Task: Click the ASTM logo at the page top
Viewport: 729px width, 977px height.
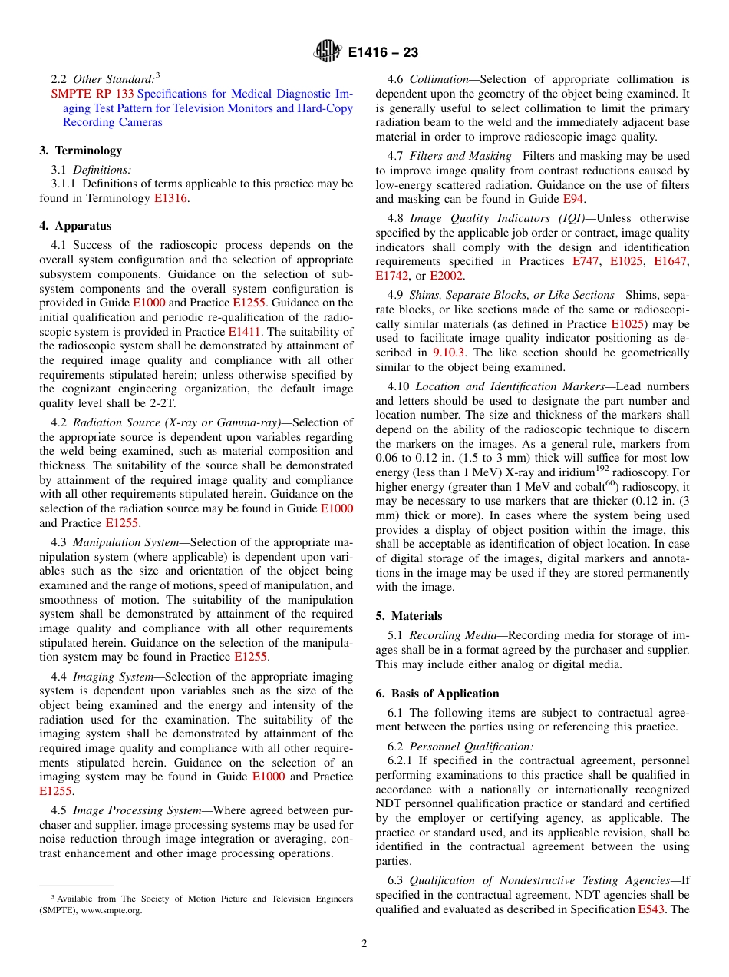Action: [328, 52]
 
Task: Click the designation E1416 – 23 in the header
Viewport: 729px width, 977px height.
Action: [383, 53]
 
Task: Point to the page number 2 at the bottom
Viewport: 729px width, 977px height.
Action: [364, 944]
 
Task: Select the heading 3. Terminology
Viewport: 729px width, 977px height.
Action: [81, 151]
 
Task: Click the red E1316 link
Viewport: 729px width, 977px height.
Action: [170, 198]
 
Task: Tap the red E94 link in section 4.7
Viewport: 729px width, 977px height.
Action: [573, 199]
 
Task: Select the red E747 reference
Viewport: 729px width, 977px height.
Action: [587, 262]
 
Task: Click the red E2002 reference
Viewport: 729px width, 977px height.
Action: [446, 277]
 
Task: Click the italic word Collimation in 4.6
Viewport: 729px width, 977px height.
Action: [439, 79]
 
